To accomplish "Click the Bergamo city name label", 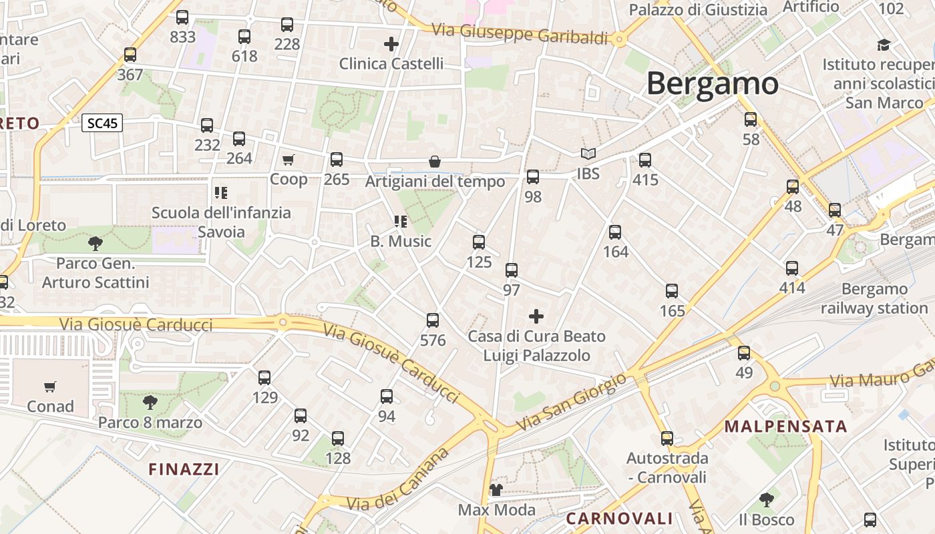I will pyautogui.click(x=712, y=84).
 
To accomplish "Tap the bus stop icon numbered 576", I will pyautogui.click(x=433, y=320).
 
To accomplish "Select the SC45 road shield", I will pyautogui.click(x=102, y=123).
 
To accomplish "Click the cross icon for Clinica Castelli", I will pyautogui.click(x=391, y=44).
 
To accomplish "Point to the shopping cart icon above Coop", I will pyautogui.click(x=288, y=160).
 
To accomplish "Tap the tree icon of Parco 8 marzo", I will pyautogui.click(x=150, y=402).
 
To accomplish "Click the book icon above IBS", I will pyautogui.click(x=588, y=154).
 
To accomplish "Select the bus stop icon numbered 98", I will pyautogui.click(x=532, y=177).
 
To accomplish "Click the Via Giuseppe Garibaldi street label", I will pyautogui.click(x=520, y=34).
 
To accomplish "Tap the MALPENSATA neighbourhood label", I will pyautogui.click(x=785, y=427).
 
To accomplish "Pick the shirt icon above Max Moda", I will pyautogui.click(x=496, y=491).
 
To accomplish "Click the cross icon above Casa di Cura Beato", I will pyautogui.click(x=536, y=316).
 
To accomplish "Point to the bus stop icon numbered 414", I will pyautogui.click(x=792, y=268).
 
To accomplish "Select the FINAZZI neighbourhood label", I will pyautogui.click(x=184, y=469).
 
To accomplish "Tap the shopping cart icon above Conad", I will pyautogui.click(x=50, y=386).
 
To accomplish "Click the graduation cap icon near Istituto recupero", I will pyautogui.click(x=884, y=45).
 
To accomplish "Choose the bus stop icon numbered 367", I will pyautogui.click(x=130, y=55).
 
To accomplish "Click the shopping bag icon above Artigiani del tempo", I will pyautogui.click(x=435, y=162).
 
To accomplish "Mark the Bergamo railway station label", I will pyautogui.click(x=874, y=298).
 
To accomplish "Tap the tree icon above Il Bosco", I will pyautogui.click(x=767, y=499).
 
